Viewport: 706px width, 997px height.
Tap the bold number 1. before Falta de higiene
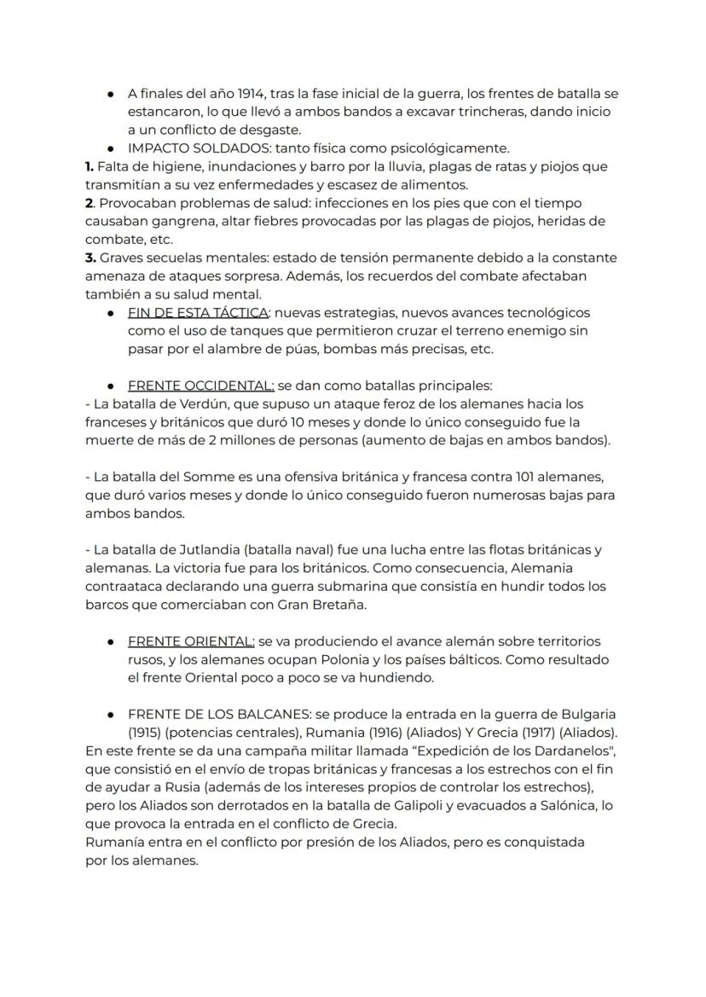[90, 167]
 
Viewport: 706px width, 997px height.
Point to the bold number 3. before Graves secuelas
[90, 258]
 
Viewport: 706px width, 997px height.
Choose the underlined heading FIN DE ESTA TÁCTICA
[199, 313]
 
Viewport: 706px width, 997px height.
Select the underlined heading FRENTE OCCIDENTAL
[201, 385]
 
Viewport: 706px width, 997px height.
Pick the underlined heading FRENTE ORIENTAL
[191, 641]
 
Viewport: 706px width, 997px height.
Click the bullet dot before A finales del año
[111, 93]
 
